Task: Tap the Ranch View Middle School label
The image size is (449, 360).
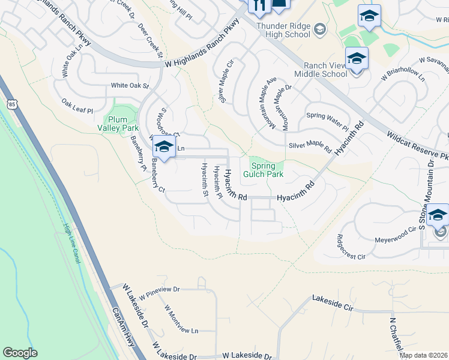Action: pos(321,70)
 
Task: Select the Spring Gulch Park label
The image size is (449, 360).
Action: pos(263,170)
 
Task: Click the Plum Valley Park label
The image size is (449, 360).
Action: pos(118,124)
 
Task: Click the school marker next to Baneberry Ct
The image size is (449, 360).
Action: pos(163,146)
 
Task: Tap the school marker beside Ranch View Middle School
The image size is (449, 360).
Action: pos(357,59)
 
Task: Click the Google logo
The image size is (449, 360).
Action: pos(20,353)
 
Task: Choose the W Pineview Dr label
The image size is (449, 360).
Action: pos(160,293)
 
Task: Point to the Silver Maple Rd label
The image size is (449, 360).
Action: pos(310,145)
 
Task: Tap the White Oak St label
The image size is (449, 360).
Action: pos(130,86)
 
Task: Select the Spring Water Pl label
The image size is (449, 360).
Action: pos(327,121)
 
